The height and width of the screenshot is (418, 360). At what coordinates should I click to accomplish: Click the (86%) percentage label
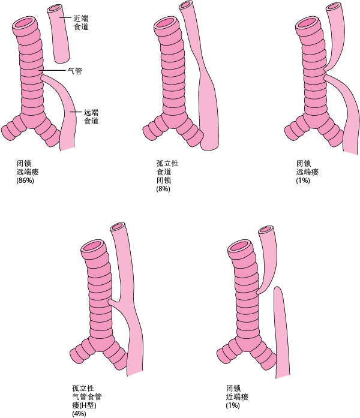click(25, 181)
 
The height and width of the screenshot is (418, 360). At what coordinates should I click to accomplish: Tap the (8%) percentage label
click(163, 190)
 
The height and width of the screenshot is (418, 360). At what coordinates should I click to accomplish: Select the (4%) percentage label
click(79, 413)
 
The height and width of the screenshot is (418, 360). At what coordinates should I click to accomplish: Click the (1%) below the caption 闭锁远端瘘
click(303, 181)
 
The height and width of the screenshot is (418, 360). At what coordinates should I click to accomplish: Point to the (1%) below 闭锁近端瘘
click(233, 405)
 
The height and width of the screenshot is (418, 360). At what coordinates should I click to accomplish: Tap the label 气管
click(74, 71)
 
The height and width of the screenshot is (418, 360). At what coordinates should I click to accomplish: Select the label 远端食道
click(91, 116)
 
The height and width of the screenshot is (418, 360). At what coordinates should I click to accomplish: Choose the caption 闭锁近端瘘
click(238, 392)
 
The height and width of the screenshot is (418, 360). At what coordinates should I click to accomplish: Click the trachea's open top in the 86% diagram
click(25, 24)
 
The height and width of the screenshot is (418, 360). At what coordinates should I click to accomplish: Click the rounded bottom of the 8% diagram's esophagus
click(209, 146)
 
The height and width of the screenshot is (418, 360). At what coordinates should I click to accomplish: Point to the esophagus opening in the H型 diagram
click(118, 228)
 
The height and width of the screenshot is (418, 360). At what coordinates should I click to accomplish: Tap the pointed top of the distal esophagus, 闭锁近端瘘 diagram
click(277, 290)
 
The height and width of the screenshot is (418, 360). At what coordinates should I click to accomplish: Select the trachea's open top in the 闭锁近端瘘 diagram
click(241, 245)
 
